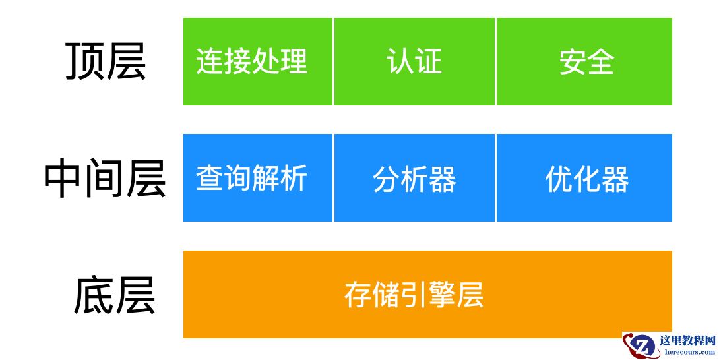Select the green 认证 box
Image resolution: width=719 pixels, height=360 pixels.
click(x=414, y=61)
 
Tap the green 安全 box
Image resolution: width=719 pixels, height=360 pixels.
click(x=584, y=61)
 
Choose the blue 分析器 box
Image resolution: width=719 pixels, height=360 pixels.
click(x=414, y=178)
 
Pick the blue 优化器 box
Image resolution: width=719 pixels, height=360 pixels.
click(x=584, y=178)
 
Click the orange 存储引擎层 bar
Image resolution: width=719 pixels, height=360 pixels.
click(x=427, y=294)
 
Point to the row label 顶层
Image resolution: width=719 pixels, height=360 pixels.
click(x=106, y=62)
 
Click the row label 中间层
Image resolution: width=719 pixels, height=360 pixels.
click(x=104, y=179)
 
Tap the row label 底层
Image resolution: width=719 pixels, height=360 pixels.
click(x=113, y=295)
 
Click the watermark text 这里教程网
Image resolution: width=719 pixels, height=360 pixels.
click(x=687, y=341)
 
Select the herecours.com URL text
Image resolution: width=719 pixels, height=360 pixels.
click(x=687, y=353)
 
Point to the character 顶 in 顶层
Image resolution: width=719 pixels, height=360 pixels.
click(x=85, y=62)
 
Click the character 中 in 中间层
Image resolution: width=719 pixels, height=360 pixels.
click(x=63, y=179)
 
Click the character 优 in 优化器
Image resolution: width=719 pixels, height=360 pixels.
click(x=558, y=179)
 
